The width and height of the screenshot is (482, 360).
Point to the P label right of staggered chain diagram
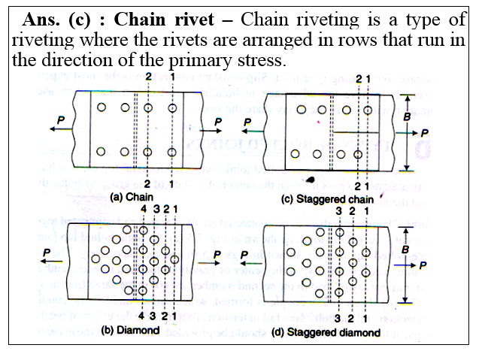coord(426,132)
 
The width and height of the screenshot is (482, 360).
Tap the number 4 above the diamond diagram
coord(144,207)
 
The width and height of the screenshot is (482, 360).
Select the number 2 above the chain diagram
coord(148,77)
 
